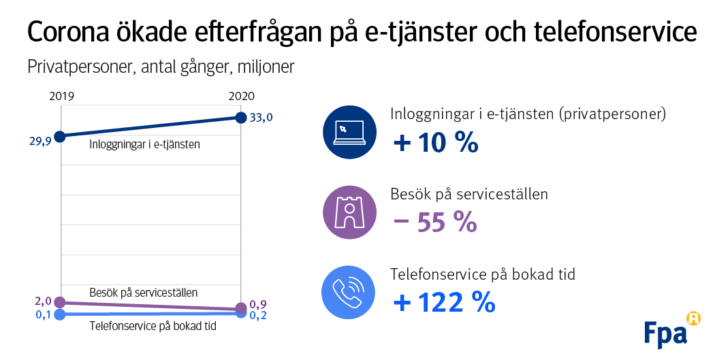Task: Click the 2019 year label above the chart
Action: coord(62,97)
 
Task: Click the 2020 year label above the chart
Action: coord(240,97)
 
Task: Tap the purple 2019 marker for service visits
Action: coord(60,302)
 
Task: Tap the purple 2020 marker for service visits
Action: coord(240,308)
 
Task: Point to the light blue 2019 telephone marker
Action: coord(60,314)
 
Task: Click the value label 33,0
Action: coord(261,118)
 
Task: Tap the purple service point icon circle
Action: coord(349,212)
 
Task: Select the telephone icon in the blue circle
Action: coord(349,292)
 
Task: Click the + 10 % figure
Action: coord(436,143)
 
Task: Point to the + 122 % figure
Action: coord(444,302)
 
